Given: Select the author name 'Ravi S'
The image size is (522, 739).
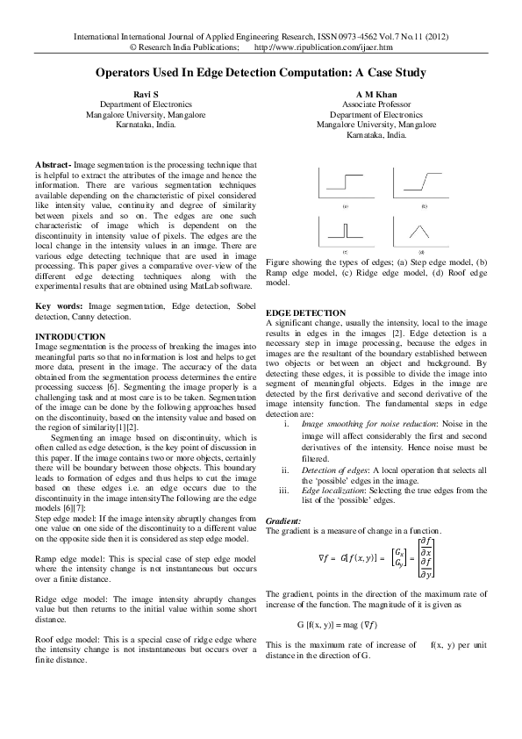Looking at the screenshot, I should tap(145, 93).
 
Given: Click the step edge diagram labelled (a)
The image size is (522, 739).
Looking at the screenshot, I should tap(345, 184).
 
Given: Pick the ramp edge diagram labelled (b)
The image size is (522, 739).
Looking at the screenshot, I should tap(423, 184).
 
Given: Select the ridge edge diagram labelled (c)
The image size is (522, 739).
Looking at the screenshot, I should tap(345, 230).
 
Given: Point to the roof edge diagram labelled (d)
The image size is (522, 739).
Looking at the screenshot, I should tap(423, 230).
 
